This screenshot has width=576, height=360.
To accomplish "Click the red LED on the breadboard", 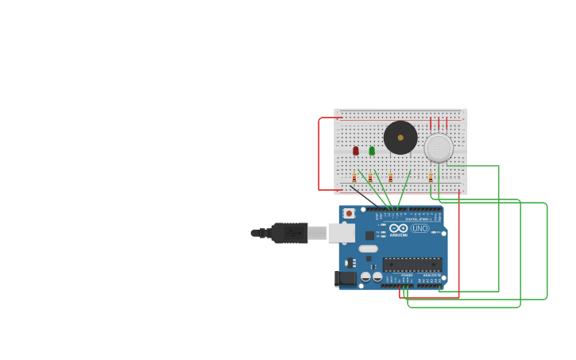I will (356, 150).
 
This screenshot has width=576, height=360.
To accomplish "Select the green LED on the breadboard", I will (372, 150).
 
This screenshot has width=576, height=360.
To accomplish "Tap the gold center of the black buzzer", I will (400, 137).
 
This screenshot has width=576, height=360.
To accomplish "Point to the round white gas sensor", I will (439, 148).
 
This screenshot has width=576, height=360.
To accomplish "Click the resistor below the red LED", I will (354, 178).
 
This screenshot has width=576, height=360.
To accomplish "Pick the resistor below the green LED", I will (370, 178).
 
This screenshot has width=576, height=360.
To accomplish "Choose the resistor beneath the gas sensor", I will (431, 178).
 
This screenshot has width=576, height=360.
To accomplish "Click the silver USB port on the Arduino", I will (341, 233).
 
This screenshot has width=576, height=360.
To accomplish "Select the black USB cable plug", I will (289, 233).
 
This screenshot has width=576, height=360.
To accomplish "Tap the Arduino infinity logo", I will (399, 228).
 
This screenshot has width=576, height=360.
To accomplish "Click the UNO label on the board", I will (419, 228).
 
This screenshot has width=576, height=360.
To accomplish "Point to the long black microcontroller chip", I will (412, 264).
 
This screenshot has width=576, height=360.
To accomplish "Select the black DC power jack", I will (346, 278).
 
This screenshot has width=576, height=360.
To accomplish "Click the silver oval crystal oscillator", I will (368, 249).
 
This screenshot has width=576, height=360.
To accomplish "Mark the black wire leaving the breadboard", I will (361, 194).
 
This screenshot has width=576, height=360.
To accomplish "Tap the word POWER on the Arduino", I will (407, 275).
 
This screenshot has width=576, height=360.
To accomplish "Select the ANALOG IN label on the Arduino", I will (429, 275).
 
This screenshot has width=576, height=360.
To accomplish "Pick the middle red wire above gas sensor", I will (439, 123).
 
